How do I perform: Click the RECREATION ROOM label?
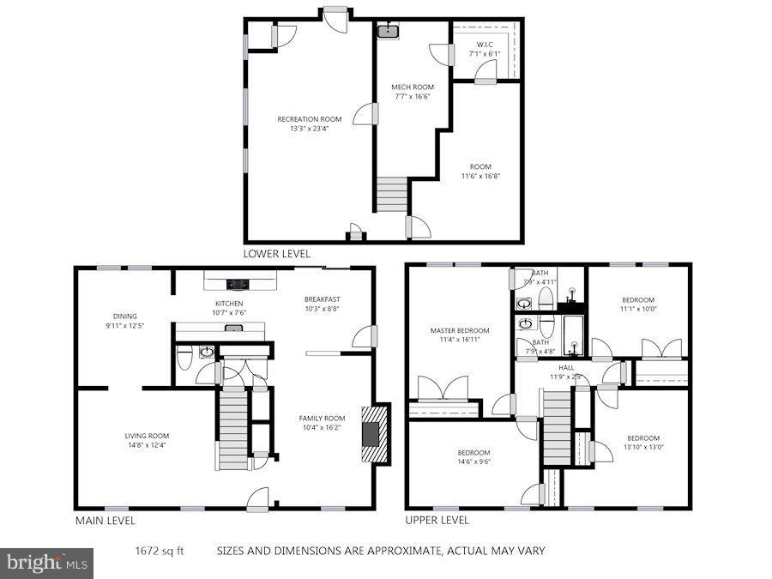click(309, 119)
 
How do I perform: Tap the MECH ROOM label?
click(413, 87)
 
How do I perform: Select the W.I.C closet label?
click(484, 44)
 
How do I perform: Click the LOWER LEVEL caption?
click(276, 254)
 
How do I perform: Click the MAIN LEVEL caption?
click(105, 520)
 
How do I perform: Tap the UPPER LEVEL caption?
click(437, 520)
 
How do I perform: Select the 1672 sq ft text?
click(160, 551)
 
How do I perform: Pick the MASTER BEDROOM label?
click(460, 330)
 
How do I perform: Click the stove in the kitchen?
click(238, 284)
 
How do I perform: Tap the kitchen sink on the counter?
click(232, 327)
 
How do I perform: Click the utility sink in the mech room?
click(388, 32)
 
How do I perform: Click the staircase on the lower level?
click(391, 195)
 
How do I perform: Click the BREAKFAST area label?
click(322, 299)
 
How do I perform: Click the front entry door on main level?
click(257, 499)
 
